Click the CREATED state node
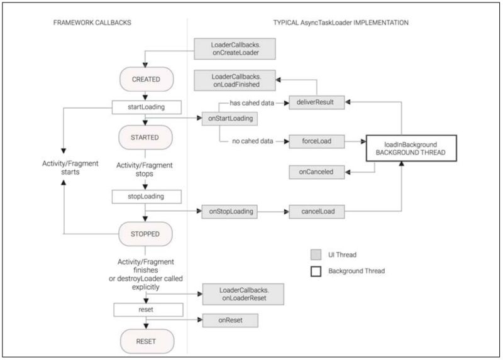tap(145, 80)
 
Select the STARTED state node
tap(145, 137)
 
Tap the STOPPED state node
tap(145, 234)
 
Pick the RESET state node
tap(145, 342)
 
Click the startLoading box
tap(146, 106)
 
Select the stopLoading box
tap(146, 197)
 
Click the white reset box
tap(146, 309)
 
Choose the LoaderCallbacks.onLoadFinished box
tap(227, 80)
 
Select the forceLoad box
tap(316, 142)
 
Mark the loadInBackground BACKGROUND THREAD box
tap(411, 148)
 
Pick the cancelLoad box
tap(316, 212)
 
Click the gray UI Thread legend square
tap(317, 254)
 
